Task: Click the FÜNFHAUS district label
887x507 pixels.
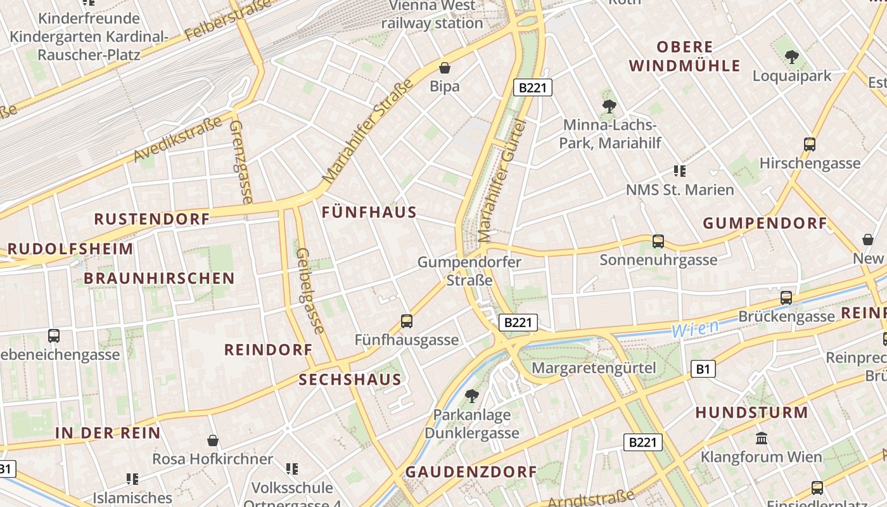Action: pyautogui.click(x=369, y=212)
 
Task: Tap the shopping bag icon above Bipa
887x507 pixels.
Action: pyautogui.click(x=445, y=67)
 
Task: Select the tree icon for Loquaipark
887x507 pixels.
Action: pyautogui.click(x=791, y=58)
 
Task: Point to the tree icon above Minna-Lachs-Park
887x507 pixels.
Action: pyautogui.click(x=609, y=106)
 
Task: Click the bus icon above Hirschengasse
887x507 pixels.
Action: pyautogui.click(x=810, y=144)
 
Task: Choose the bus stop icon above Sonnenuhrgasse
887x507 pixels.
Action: pyautogui.click(x=658, y=241)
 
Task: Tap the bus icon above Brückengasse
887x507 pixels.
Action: pyautogui.click(x=786, y=297)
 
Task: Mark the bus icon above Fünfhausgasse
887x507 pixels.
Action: pyautogui.click(x=407, y=321)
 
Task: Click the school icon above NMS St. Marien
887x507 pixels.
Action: pyautogui.click(x=680, y=170)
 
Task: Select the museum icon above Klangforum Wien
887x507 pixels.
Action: pyautogui.click(x=762, y=438)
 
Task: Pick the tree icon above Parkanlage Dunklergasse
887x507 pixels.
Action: pyautogui.click(x=471, y=396)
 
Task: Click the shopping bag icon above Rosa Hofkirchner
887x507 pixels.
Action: pyautogui.click(x=213, y=440)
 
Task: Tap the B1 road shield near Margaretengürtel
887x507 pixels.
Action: pyautogui.click(x=703, y=369)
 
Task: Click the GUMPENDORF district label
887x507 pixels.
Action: pyautogui.click(x=765, y=223)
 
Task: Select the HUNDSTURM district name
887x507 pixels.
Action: pyautogui.click(x=752, y=413)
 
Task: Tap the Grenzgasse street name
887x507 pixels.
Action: pyautogui.click(x=241, y=162)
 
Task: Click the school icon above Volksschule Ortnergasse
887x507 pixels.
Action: pyautogui.click(x=292, y=469)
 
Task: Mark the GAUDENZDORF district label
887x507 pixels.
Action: pyautogui.click(x=471, y=472)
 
